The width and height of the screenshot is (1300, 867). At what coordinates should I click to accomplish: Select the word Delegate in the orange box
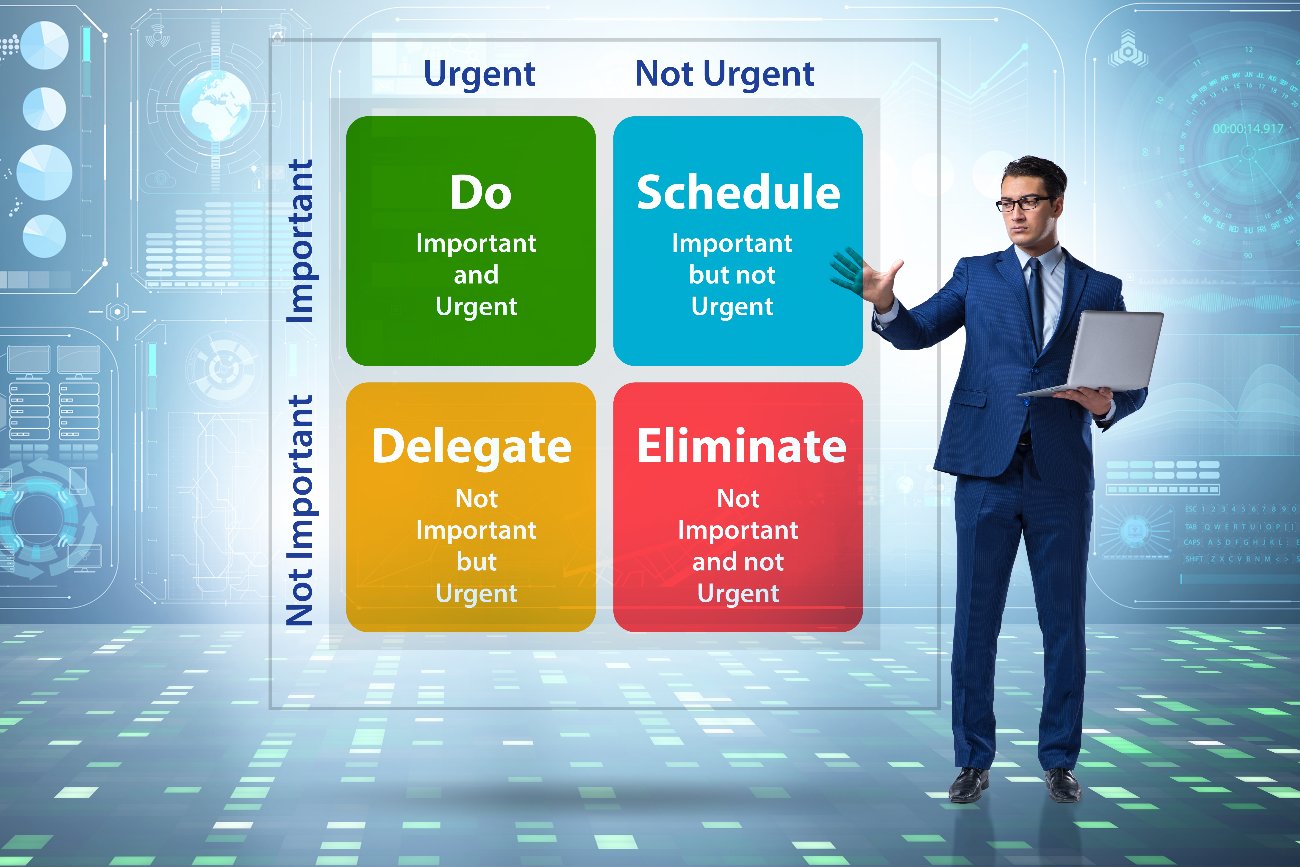click(471, 447)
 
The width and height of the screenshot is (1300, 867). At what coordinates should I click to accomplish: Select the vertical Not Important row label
click(300, 510)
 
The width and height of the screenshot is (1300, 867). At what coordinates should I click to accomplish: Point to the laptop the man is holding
click(1111, 354)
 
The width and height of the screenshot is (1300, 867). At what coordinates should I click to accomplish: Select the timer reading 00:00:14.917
click(1247, 129)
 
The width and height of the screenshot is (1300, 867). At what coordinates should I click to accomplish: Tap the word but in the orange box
click(477, 562)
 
